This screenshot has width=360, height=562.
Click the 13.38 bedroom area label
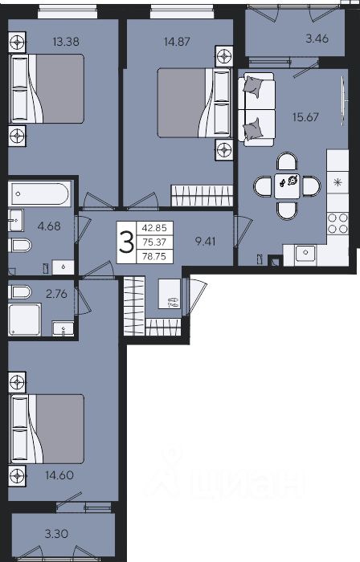pyautogui.click(x=66, y=42)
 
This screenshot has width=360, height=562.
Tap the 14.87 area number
pyautogui.click(x=177, y=42)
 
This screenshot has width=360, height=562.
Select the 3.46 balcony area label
pyautogui.click(x=317, y=39)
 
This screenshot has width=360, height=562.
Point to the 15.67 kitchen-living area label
pyautogui.click(x=305, y=117)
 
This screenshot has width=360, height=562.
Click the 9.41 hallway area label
pyautogui.click(x=205, y=241)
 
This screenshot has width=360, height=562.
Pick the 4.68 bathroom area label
pyautogui.click(x=49, y=226)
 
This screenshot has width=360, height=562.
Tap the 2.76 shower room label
pyautogui.click(x=57, y=294)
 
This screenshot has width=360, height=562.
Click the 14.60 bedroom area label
pyautogui.click(x=59, y=475)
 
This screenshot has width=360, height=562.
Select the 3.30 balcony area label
pyautogui.click(x=57, y=534)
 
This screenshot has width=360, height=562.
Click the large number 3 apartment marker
pyautogui.click(x=127, y=242)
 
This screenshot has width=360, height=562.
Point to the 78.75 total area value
pyautogui.click(x=154, y=257)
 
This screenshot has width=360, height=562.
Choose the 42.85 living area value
pyautogui.click(x=154, y=228)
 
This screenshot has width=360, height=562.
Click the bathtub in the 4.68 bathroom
pyautogui.click(x=40, y=193)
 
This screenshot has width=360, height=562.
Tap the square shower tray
pyautogui.click(x=25, y=320)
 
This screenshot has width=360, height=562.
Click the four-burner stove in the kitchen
pyautogui.click(x=337, y=224)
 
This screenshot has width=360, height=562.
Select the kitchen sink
pyautogui.click(x=305, y=253)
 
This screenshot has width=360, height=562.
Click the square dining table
pyautogui.click(x=287, y=186)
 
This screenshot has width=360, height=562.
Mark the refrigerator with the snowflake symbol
pyautogui.click(x=337, y=183)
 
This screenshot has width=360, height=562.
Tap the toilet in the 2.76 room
pyautogui.click(x=20, y=291)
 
